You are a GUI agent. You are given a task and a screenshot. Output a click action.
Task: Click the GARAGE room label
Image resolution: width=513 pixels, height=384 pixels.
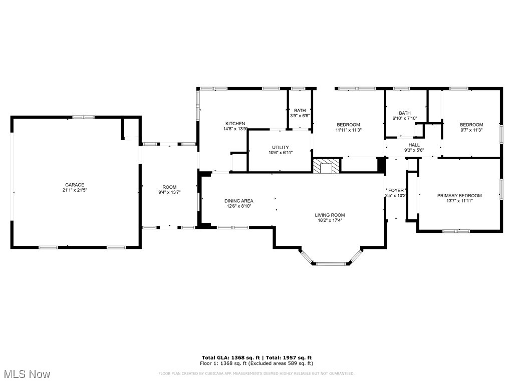pos(74,185)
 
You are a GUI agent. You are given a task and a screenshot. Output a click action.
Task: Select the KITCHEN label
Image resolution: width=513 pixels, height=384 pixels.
pos(235,124)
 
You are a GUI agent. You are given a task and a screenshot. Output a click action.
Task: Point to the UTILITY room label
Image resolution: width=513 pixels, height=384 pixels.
pos(280,147)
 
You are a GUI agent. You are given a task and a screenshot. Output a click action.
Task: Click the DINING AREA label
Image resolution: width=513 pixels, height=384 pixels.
pos(238,201)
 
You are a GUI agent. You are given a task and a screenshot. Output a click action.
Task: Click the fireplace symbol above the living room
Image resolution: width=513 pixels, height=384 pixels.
pos(327,166)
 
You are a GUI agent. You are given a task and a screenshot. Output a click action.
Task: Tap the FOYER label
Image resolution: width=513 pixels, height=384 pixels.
pos(396,190)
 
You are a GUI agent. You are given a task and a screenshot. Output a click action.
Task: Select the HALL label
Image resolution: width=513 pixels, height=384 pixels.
pos(414,145)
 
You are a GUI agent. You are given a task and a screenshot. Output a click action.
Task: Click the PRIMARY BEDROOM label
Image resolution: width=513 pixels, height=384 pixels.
pos(459,196)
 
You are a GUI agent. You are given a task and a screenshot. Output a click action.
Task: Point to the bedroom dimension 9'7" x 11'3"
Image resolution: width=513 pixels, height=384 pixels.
pos(471,130)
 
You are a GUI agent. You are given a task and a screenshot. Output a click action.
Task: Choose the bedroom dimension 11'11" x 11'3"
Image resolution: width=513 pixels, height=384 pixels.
pos(348,130)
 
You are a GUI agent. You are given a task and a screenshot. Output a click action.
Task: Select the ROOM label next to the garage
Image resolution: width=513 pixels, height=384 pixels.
pos(169,187)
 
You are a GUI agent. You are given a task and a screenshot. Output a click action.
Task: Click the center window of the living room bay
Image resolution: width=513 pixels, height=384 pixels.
pos(331,263)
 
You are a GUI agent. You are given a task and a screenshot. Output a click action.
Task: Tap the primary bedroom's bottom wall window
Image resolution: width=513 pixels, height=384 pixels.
pos(456,231)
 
